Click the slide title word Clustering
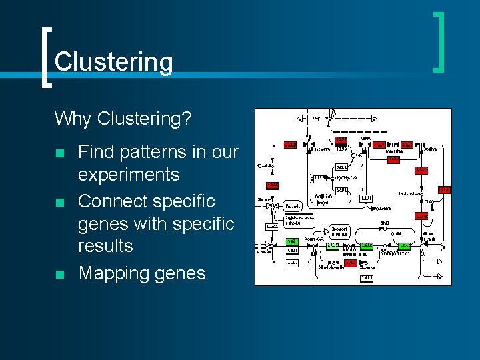tap(113, 62)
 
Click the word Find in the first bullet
tap(96, 152)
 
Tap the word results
tap(105, 246)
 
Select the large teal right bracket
tap(439, 41)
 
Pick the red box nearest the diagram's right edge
tap(444, 190)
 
